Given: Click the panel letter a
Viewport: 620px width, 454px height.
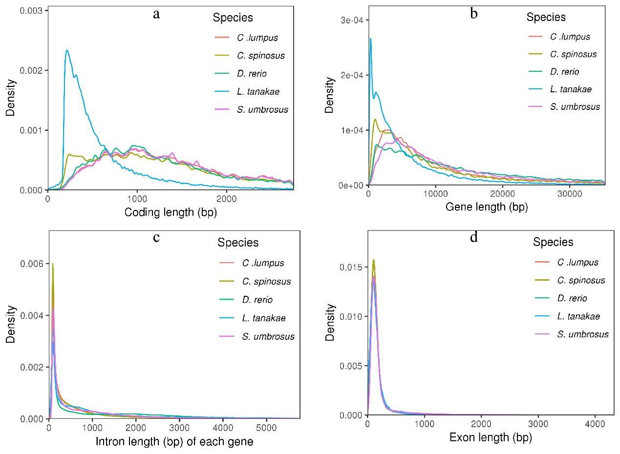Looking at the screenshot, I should (156, 14).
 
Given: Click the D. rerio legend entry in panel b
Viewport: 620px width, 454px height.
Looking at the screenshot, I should (564, 72).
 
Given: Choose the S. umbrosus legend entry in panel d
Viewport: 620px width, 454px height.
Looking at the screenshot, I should (583, 334).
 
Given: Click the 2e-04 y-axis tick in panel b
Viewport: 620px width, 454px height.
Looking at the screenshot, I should (350, 75).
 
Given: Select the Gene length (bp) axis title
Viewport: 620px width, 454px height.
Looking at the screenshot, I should (487, 207).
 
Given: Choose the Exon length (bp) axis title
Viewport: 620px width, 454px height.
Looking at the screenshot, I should (491, 438).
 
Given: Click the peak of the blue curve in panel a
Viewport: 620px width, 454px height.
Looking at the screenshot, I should (66, 50).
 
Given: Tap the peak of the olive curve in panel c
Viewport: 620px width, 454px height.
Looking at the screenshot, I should (52, 264).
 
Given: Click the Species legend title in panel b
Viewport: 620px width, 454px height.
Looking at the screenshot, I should (546, 17).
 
